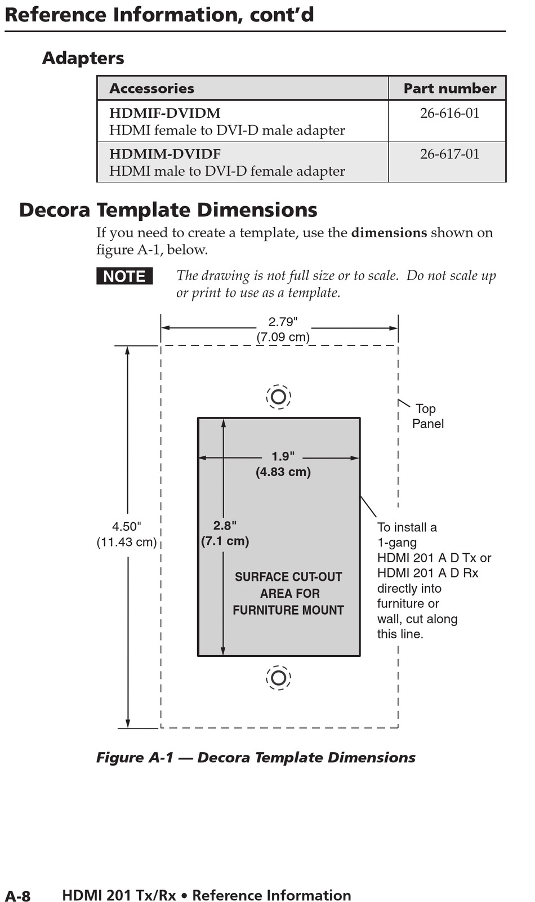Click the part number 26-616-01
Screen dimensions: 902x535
pos(449,113)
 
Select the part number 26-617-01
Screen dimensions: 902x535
pos(449,154)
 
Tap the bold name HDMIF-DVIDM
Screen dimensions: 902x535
pos(164,113)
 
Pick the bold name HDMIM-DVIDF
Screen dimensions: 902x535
pos(164,154)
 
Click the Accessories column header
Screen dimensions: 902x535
pos(151,88)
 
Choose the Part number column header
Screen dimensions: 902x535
pos(449,88)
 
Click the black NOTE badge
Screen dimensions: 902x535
pos(124,276)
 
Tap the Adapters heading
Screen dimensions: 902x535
pos(83,58)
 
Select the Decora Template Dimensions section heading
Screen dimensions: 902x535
pos(168,210)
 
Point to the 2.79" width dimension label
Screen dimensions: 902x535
pos(283,322)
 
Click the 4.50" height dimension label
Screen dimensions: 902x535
pos(126,527)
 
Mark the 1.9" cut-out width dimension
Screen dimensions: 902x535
pos(283,457)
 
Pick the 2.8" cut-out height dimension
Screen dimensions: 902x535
pos(225,526)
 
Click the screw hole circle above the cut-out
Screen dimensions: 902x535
pos(278,397)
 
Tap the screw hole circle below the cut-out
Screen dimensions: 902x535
pos(278,677)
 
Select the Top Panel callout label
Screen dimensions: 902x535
pos(427,416)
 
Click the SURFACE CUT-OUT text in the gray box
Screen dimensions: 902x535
pos(288,577)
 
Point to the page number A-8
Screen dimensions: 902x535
pos(17,896)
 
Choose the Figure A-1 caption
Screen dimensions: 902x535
pos(256,758)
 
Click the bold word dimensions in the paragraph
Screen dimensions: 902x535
pos(389,233)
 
